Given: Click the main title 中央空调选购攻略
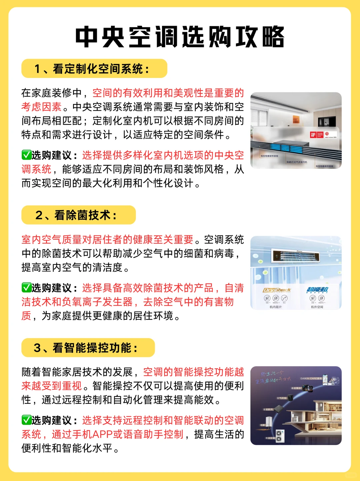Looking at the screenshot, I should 180,37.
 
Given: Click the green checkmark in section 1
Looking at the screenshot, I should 26,155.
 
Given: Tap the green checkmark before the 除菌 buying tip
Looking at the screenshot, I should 26,288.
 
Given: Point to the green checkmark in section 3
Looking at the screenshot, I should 26,420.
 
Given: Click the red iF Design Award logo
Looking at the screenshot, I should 313,135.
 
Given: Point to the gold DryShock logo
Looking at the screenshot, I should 277,290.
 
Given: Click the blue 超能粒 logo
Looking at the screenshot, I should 317,290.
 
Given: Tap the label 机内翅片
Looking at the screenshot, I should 276,307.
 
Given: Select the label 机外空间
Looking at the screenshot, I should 317,307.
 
